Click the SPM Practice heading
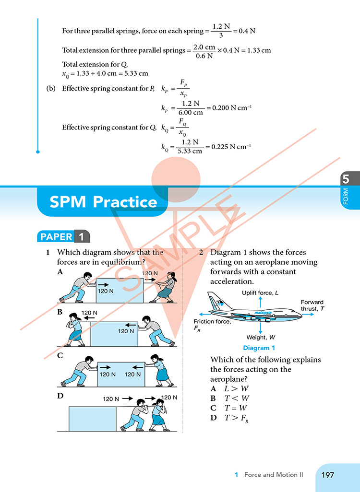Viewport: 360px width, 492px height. (103, 202)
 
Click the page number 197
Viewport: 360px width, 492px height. (328, 475)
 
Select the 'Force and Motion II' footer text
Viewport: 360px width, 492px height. (274, 475)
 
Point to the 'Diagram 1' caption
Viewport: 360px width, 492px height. (259, 348)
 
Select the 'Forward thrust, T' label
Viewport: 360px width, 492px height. (312, 305)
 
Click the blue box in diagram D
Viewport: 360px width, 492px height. (93, 419)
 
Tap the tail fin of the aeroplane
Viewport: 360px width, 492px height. (214, 300)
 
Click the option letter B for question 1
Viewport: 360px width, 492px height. (60, 312)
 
